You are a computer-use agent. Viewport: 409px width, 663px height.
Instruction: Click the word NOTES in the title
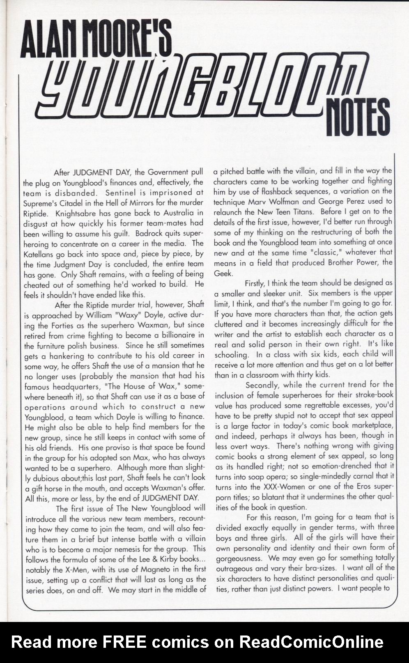(358, 117)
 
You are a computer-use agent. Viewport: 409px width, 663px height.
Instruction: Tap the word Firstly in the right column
(254, 283)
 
